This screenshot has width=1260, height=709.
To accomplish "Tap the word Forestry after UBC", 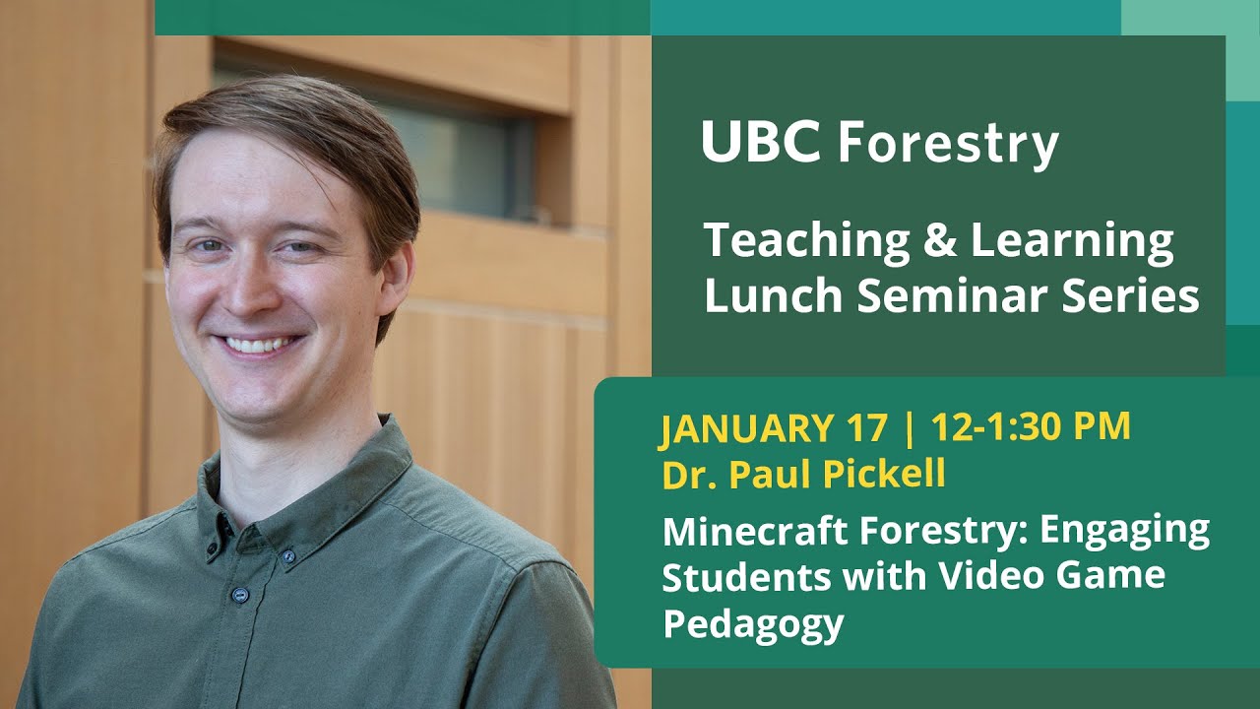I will click(x=947, y=145).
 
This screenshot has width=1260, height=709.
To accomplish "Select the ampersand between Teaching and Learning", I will click(x=939, y=242).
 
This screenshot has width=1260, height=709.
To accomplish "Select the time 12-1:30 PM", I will click(x=1030, y=428).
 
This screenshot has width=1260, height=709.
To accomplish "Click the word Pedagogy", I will click(x=753, y=623).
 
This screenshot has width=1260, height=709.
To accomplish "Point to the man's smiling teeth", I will click(x=260, y=345).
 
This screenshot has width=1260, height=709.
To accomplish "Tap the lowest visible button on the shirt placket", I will click(x=239, y=595).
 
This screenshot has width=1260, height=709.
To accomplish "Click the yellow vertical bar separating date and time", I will click(x=909, y=428).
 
